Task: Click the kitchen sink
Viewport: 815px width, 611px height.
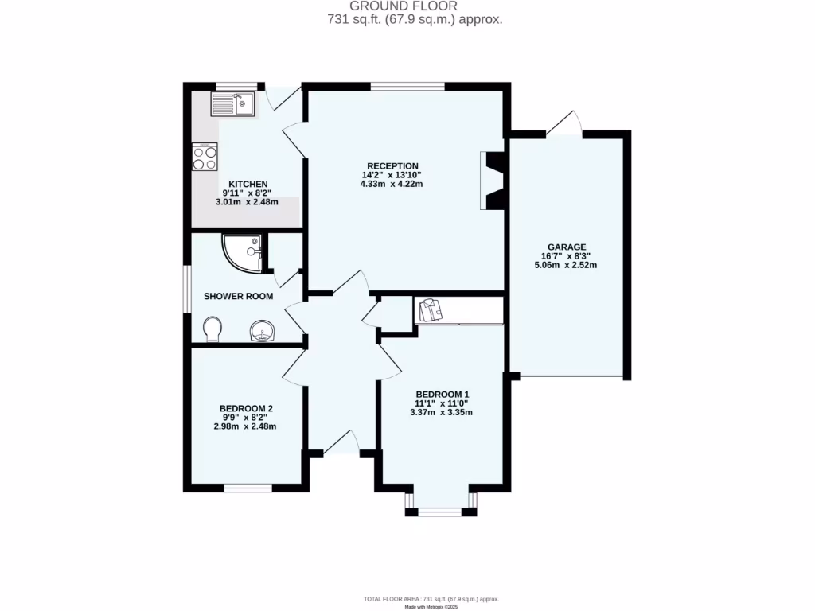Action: [x=232, y=103]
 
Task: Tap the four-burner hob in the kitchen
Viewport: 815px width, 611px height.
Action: [x=205, y=156]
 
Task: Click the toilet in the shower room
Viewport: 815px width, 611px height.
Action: [x=213, y=328]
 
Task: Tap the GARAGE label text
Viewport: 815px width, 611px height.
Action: [x=566, y=247]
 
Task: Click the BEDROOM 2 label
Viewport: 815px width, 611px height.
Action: [x=246, y=409]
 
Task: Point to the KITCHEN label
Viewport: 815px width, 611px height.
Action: [x=248, y=184]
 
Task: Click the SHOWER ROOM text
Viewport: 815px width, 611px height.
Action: [x=238, y=296]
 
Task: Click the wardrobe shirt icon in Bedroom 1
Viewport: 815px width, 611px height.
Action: [x=431, y=310]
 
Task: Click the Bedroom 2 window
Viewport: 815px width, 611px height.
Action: [x=248, y=488]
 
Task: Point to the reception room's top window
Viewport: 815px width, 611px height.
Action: [x=407, y=85]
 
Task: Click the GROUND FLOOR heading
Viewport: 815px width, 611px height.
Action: [x=415, y=6]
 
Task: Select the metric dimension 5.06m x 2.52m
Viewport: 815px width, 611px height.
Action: [x=566, y=265]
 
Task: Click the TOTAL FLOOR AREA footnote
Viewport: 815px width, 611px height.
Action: [x=431, y=598]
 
